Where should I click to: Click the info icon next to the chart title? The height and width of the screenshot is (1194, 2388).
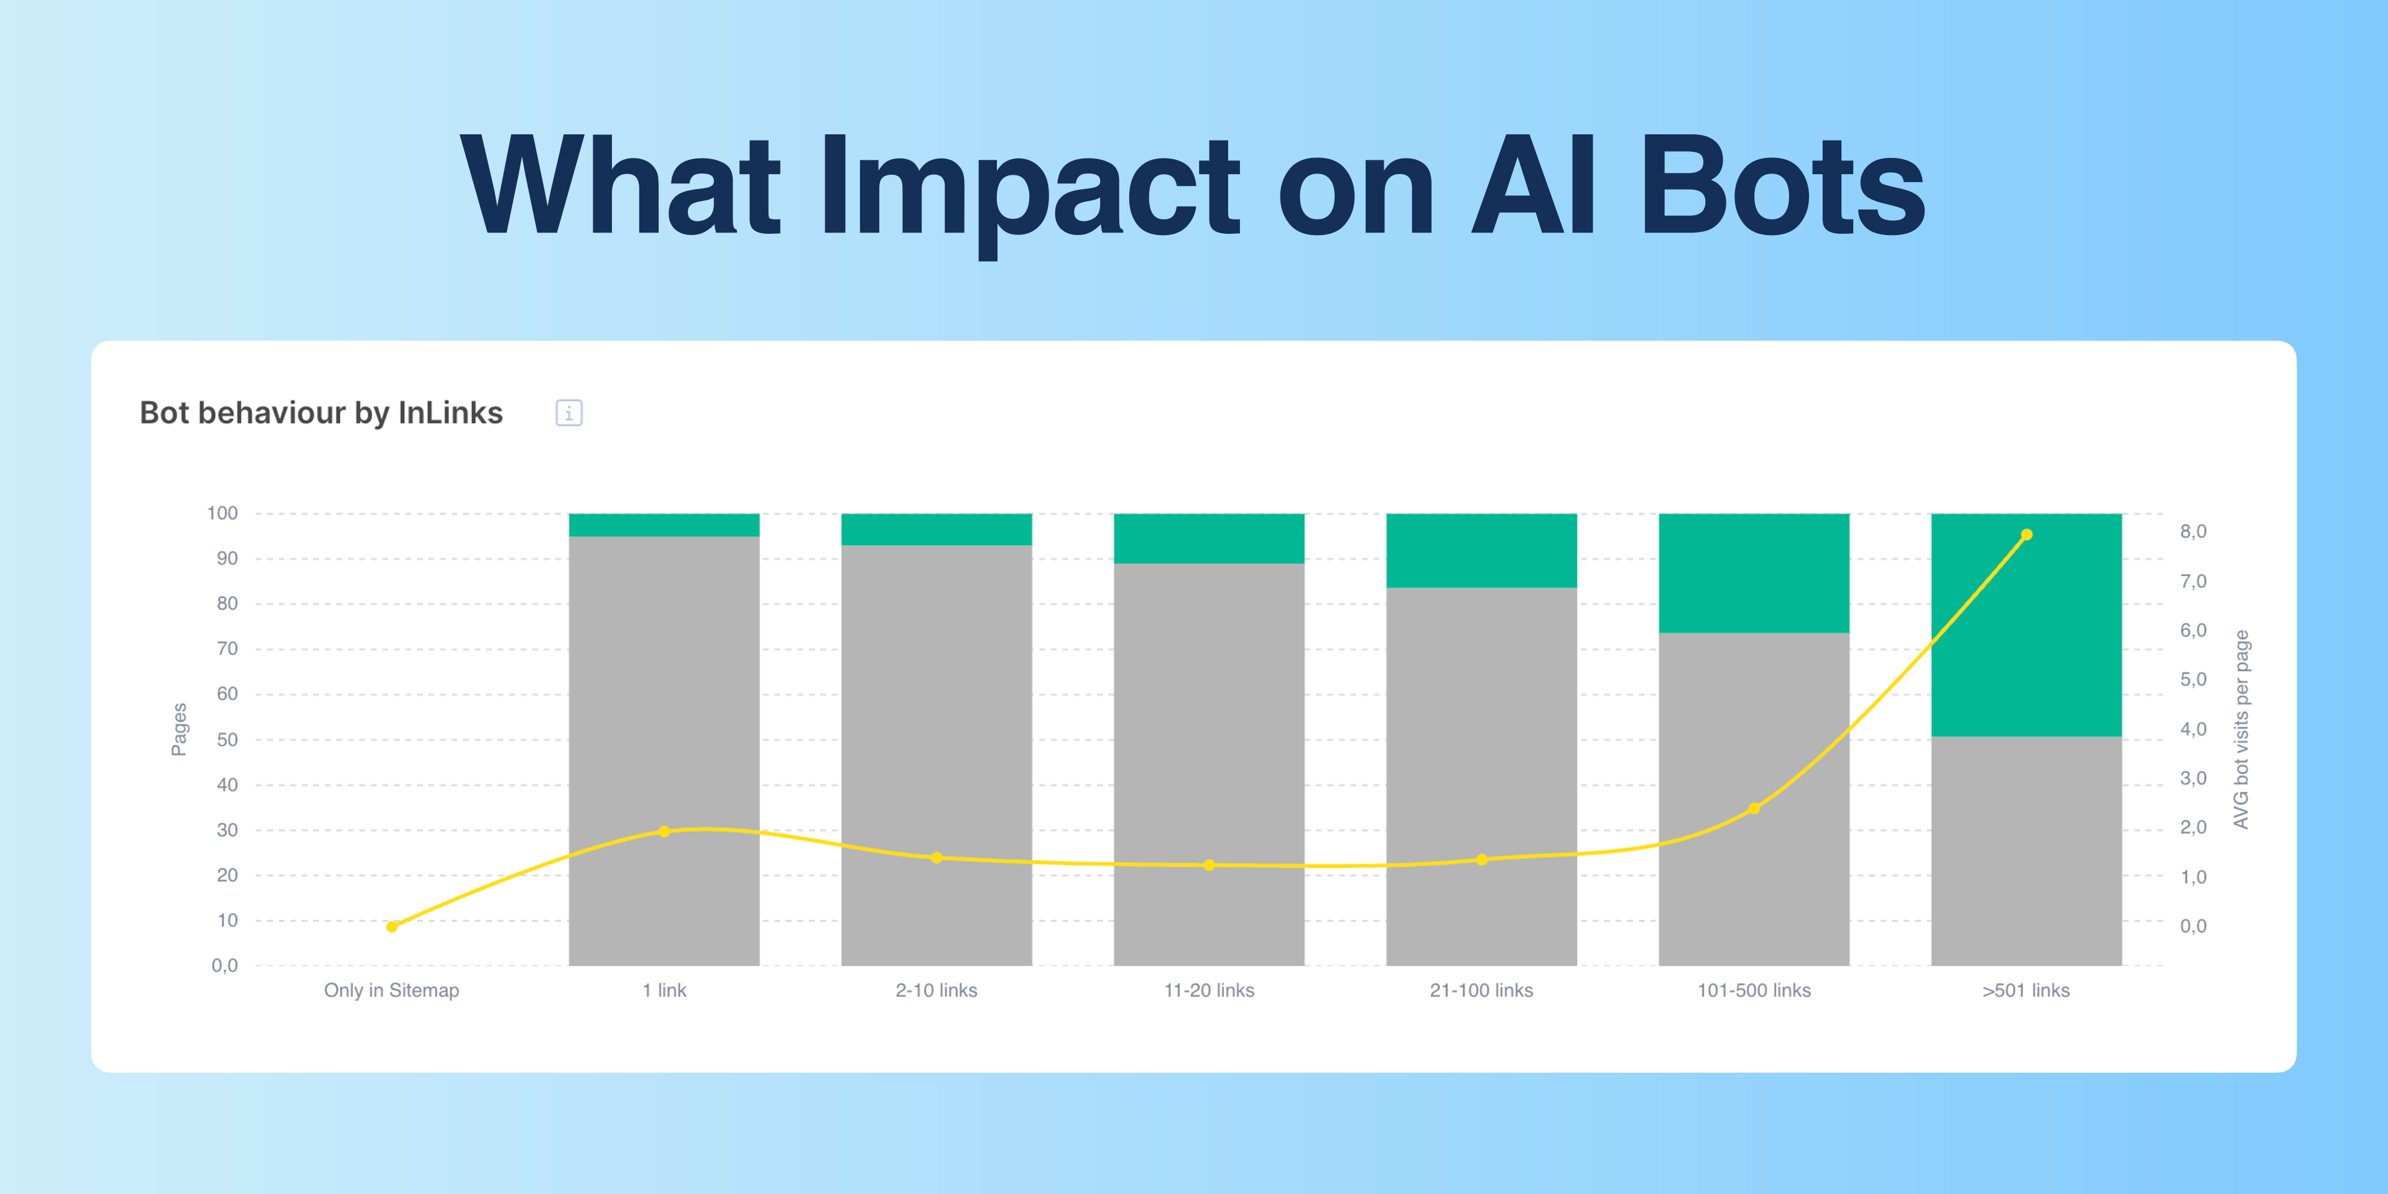click(569, 412)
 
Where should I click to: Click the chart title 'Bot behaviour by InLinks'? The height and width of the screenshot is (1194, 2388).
click(321, 412)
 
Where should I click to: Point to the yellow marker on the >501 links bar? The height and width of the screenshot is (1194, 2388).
click(2027, 535)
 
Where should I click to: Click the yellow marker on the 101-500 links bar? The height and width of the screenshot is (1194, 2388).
click(1754, 808)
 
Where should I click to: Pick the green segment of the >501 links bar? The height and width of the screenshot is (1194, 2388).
click(2027, 625)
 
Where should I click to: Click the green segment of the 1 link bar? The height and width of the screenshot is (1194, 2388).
click(664, 525)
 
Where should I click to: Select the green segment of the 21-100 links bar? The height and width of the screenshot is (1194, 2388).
click(1481, 550)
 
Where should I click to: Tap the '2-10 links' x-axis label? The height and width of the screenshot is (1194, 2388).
click(937, 990)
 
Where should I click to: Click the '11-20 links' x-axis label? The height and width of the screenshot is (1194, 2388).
click(1209, 990)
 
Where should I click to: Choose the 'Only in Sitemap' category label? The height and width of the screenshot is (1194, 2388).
click(391, 990)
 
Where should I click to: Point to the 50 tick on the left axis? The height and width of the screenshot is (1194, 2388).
click(227, 740)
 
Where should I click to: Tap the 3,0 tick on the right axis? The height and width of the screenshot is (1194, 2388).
click(2193, 779)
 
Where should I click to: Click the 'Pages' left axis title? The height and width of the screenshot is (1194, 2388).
click(179, 729)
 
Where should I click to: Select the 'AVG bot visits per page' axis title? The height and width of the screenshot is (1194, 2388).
click(2241, 729)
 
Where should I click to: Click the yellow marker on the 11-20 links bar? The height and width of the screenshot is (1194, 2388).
click(1209, 865)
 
